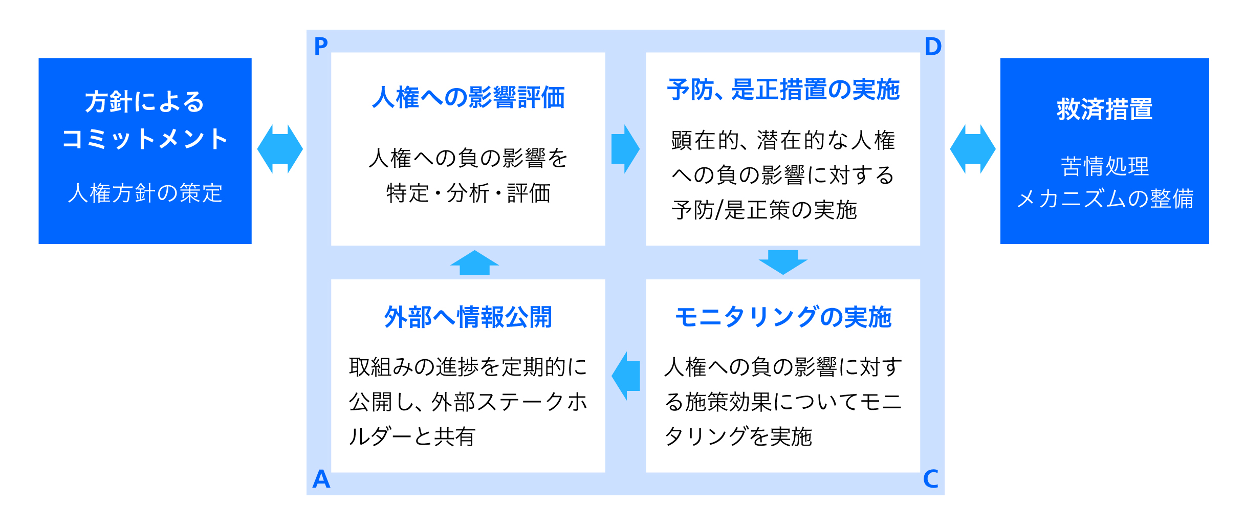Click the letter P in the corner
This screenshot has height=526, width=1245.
(321, 47)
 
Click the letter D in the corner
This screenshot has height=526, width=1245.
(933, 47)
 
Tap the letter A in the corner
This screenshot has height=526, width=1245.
(321, 479)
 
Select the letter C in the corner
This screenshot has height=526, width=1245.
(930, 479)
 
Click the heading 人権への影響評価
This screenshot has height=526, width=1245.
(468, 97)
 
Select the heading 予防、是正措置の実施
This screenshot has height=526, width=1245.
(783, 90)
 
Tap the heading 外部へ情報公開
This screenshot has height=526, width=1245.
(468, 317)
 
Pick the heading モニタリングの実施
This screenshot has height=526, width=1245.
(783, 317)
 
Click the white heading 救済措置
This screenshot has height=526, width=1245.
(1104, 109)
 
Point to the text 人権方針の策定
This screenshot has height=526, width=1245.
(145, 193)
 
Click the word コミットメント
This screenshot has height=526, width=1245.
(145, 139)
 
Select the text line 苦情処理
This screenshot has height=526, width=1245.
(1104, 166)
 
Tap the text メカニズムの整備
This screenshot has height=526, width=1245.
(1104, 199)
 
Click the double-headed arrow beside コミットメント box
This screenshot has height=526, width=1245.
(280, 149)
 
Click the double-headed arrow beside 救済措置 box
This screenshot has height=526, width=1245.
(972, 149)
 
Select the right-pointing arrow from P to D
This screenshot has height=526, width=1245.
(625, 149)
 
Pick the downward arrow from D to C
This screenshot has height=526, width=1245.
(783, 262)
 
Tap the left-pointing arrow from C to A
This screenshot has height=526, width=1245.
(626, 376)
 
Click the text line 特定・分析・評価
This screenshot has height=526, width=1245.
(468, 193)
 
